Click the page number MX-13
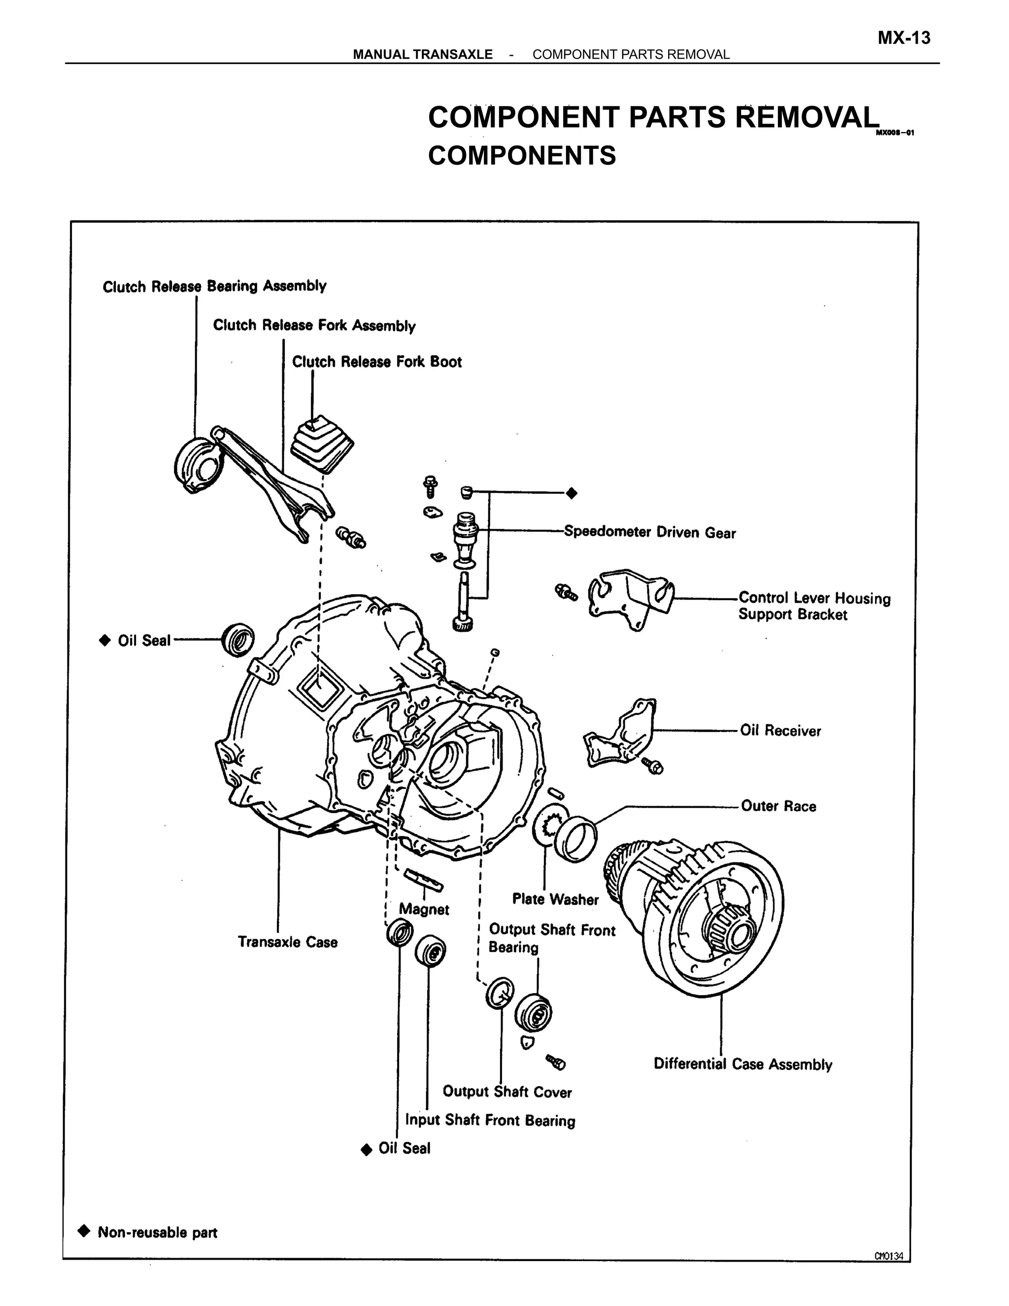pos(903,38)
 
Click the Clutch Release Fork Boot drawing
pos(322,445)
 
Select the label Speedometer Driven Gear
pos(650,532)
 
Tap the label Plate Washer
pos(555,899)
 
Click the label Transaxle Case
pos(288,942)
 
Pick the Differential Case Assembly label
pos(742,1064)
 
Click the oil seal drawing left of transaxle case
pos(238,639)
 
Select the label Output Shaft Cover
pos(507,1092)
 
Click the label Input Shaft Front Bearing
pos(490,1120)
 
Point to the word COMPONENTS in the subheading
pos(521,155)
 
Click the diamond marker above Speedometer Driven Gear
pos(572,493)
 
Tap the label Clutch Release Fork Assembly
pos(314,325)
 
